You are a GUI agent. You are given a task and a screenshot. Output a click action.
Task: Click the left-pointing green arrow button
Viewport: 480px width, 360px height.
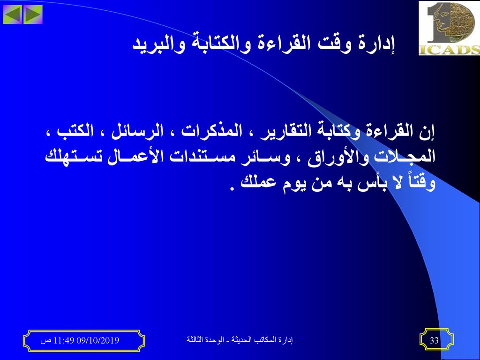click(x=13, y=15)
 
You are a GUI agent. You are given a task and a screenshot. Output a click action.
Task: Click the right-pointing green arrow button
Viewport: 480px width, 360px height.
click(x=32, y=15)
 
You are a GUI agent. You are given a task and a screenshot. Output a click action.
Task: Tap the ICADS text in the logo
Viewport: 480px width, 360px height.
click(x=449, y=50)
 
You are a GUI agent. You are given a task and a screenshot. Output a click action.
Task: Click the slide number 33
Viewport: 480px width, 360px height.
click(x=435, y=340)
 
